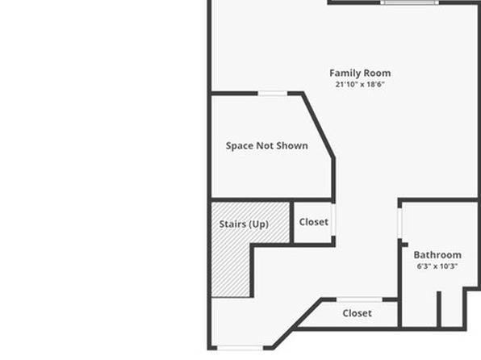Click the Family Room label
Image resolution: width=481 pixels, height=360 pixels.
[360, 73]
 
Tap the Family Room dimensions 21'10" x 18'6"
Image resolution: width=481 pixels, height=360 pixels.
[360, 84]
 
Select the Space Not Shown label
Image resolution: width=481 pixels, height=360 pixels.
[266, 146]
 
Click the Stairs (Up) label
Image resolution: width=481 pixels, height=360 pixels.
[244, 224]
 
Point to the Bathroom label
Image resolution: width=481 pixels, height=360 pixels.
[437, 255]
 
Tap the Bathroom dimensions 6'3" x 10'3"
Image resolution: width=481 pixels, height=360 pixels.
[437, 266]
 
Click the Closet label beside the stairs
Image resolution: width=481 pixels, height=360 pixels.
[313, 222]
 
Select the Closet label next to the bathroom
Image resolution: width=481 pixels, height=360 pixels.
[357, 313]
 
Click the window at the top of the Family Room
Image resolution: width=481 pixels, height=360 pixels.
[409, 2]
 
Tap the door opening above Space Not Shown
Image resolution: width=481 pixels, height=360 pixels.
[273, 94]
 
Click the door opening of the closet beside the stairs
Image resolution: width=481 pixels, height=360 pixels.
[333, 220]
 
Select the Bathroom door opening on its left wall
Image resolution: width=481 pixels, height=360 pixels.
[399, 223]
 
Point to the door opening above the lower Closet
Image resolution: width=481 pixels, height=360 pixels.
[359, 299]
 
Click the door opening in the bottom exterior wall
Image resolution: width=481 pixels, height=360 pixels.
[240, 348]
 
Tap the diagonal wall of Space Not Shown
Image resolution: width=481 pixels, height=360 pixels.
[318, 125]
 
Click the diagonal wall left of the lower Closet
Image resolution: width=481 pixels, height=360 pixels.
[297, 323]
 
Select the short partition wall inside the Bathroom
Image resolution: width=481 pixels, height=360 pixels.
[439, 309]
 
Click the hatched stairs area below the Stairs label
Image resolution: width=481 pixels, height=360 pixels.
[231, 270]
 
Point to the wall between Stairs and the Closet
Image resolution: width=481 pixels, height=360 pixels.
[291, 222]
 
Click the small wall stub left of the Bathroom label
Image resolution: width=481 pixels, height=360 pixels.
[405, 245]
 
